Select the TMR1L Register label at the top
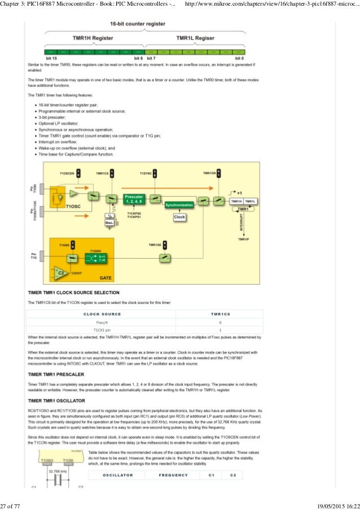click(x=195, y=38)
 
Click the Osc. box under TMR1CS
click(x=109, y=223)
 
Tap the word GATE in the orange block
click(x=106, y=278)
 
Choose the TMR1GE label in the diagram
click(x=155, y=245)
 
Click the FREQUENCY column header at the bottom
click(x=173, y=475)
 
